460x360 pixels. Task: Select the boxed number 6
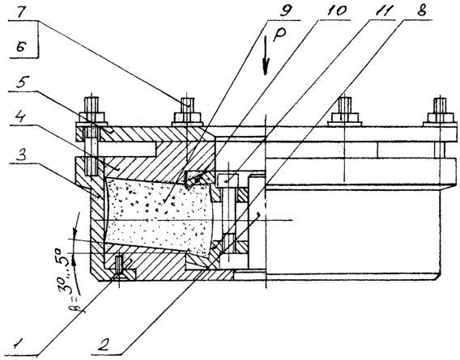pyautogui.click(x=22, y=46)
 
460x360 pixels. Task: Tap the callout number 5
pyautogui.click(x=21, y=83)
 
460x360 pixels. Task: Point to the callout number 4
pyautogui.click(x=19, y=116)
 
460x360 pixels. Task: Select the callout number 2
pyautogui.click(x=104, y=344)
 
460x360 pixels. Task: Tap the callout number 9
pyautogui.click(x=284, y=11)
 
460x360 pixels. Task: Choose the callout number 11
pyautogui.click(x=383, y=11)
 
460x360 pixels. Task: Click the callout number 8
pyautogui.click(x=420, y=11)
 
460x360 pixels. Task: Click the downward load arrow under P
pyautogui.click(x=266, y=55)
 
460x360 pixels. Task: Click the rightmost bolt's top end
pyautogui.click(x=440, y=100)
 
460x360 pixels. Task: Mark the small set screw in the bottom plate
pyautogui.click(x=119, y=264)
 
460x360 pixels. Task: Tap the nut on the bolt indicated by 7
pyautogui.click(x=187, y=117)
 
